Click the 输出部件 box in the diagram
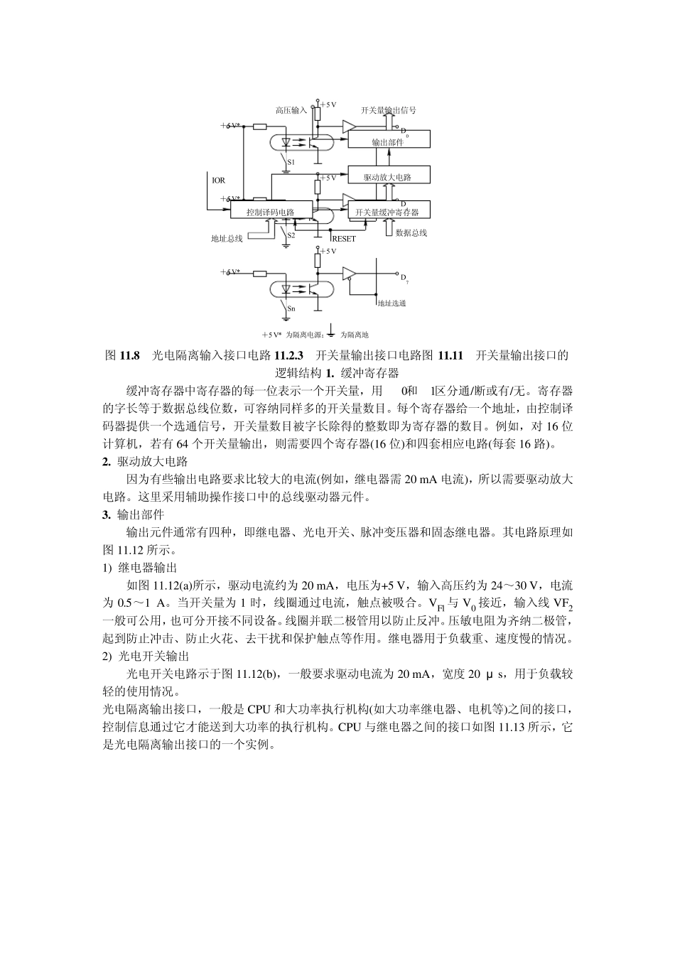pyautogui.click(x=388, y=140)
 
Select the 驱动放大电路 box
pyautogui.click(x=388, y=176)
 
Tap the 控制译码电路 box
pyautogui.click(x=271, y=211)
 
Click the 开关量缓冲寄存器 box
pyautogui.click(x=388, y=211)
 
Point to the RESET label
pyautogui.click(x=344, y=239)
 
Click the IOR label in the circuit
pyautogui.click(x=219, y=180)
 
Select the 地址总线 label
pyautogui.click(x=227, y=239)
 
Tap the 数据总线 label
pyautogui.click(x=411, y=232)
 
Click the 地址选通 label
pyautogui.click(x=391, y=303)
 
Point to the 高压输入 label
pyautogui.click(x=291, y=110)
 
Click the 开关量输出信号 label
pyautogui.click(x=389, y=110)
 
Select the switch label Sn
pyautogui.click(x=291, y=309)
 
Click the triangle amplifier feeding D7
pyautogui.click(x=350, y=274)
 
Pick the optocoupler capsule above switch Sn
pyautogui.click(x=298, y=290)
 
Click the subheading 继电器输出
pyautogui.click(x=146, y=568)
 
